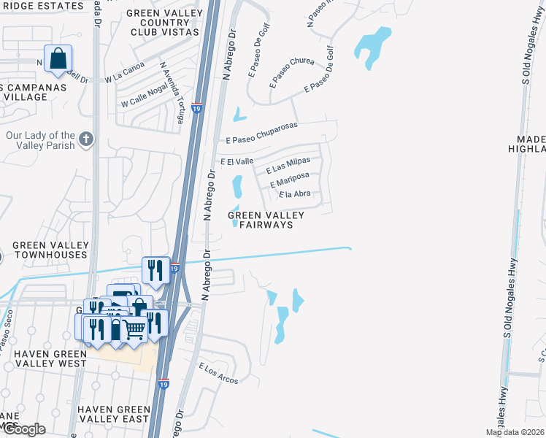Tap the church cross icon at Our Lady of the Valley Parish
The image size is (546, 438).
click(x=86, y=139)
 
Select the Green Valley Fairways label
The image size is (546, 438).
click(x=260, y=220)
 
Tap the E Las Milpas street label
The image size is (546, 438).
click(x=288, y=165)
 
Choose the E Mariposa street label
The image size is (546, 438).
click(x=289, y=180)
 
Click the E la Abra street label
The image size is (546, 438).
click(x=295, y=194)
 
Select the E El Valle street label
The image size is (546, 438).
click(x=237, y=161)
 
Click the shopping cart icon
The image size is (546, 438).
click(x=134, y=330)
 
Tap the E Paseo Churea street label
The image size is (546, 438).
click(x=291, y=71)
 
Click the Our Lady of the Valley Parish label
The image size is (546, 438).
click(x=40, y=140)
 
